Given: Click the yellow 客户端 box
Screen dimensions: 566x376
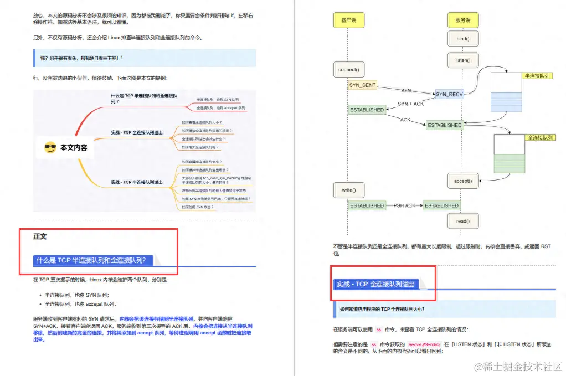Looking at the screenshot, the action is point(348,20).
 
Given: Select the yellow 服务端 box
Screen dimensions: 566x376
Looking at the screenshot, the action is point(462,20).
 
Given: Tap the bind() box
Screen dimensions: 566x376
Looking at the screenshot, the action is point(462,39).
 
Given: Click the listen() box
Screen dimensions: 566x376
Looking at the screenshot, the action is point(462,60).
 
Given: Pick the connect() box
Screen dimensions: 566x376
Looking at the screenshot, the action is point(348,70).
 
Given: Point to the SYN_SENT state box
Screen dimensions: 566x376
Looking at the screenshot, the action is point(362,85).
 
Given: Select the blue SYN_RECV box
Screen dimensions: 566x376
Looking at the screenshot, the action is point(449,94).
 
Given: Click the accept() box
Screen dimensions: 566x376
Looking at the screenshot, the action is point(462,181).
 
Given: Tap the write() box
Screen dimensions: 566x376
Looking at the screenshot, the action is point(348,190).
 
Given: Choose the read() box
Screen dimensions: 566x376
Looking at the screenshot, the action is point(462,221).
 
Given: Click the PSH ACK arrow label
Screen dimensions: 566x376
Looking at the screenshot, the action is point(404,205).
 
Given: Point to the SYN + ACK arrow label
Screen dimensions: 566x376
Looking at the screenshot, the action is point(410,104).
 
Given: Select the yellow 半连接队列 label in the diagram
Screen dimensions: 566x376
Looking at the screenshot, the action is point(537,75).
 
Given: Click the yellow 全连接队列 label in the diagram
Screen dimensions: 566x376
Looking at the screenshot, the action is point(540,137).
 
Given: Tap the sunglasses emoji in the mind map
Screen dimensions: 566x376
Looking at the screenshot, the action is point(50,147).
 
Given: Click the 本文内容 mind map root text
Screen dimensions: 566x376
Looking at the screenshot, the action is point(74,148).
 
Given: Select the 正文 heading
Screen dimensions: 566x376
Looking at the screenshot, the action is point(40,236).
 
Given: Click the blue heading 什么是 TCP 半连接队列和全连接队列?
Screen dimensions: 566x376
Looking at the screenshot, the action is point(91,260).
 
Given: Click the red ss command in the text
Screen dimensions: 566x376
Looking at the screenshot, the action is point(379,329).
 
